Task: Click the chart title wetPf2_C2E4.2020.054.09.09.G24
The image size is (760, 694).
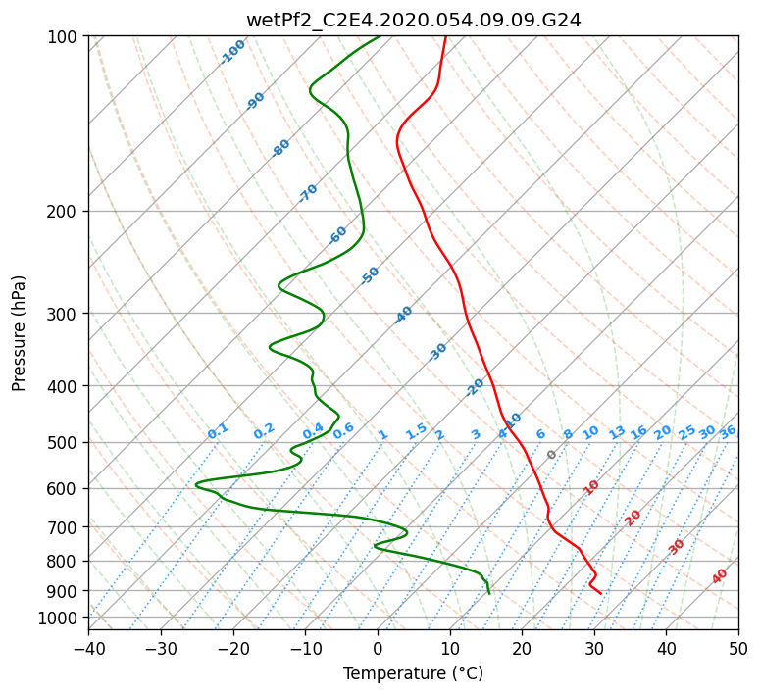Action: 414,21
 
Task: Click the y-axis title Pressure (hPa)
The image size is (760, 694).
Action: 19,333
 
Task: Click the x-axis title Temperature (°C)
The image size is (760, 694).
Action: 414,673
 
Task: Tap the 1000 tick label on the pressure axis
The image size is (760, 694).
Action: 61,619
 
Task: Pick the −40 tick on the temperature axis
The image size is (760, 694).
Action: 88,648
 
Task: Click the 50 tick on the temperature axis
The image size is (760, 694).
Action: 738,648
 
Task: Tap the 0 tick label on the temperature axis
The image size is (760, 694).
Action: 379,648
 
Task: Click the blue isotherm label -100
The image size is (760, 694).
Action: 232,52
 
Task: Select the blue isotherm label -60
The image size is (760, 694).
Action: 337,235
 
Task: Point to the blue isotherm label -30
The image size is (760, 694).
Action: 437,352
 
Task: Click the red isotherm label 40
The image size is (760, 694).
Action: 720,576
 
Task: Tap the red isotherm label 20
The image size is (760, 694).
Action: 633,519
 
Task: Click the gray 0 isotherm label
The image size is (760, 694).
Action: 551,455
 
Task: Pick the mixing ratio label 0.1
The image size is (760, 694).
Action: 218,431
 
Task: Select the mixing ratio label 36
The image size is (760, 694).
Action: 728,433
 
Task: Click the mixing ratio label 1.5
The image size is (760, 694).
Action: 417,431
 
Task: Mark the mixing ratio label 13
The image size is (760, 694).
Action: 617,433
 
